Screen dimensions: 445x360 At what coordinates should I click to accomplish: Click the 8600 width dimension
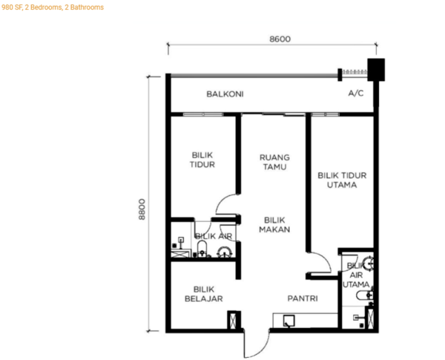[280, 39]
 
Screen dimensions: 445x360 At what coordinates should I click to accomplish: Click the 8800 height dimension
[142, 209]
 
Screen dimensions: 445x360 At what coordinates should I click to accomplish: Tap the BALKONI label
[225, 94]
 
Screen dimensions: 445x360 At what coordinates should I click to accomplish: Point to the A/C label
[355, 94]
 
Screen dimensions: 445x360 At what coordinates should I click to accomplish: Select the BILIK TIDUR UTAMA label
[342, 180]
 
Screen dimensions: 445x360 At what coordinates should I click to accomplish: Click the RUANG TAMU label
[274, 162]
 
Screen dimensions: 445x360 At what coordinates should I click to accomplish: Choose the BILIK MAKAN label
[274, 225]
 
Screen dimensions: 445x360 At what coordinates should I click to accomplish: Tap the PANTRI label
[303, 298]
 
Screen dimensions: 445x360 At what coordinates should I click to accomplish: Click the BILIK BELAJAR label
[204, 294]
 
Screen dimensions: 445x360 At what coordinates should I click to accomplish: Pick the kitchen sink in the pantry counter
[289, 321]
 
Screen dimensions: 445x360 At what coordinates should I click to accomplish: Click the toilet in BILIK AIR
[202, 249]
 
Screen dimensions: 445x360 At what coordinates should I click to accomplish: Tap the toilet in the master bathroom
[364, 295]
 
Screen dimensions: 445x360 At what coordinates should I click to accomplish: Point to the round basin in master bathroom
[369, 263]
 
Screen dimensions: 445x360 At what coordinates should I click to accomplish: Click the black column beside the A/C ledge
[376, 70]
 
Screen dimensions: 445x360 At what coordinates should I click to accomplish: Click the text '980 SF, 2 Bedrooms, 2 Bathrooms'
[53, 7]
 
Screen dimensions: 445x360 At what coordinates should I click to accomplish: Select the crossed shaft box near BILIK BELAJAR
[233, 321]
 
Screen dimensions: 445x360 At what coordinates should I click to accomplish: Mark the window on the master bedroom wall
[325, 114]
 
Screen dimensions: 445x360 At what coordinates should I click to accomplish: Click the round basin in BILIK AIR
[225, 252]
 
